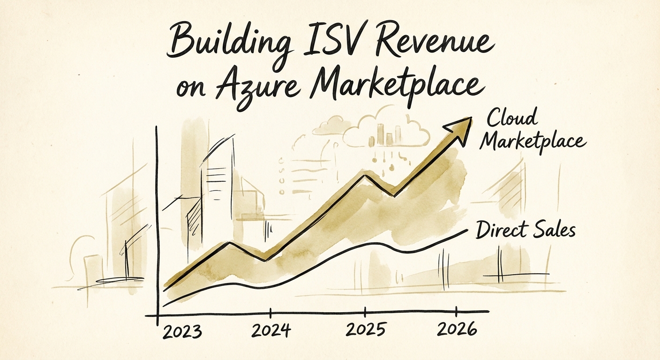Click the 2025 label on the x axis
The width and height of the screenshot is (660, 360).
366,330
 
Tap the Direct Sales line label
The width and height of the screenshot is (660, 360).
525,230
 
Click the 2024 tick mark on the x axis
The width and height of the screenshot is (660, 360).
271,313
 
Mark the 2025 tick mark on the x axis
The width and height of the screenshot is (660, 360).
365,312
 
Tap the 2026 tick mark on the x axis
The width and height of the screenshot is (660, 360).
457,311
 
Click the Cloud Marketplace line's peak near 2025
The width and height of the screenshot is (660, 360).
365,175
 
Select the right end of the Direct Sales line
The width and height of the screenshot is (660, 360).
466,230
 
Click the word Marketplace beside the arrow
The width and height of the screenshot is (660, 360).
532,141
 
